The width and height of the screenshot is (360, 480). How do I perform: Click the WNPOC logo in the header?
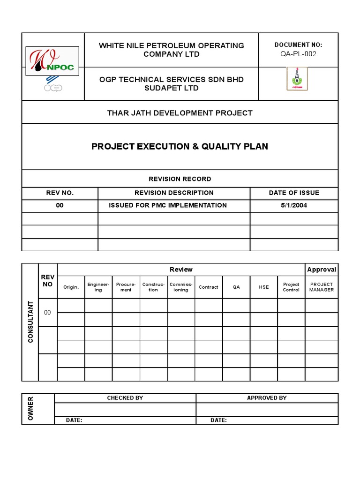52,61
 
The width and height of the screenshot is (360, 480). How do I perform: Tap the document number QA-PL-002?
298,53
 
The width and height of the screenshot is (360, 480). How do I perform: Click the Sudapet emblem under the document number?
297,79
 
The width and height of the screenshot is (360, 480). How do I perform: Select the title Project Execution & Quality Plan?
180,146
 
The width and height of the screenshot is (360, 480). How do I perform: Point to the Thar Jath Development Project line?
180,113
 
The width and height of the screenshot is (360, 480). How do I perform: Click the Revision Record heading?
180,179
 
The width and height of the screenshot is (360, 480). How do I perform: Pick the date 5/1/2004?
294,205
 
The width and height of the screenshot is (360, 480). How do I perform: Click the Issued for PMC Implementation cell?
168,205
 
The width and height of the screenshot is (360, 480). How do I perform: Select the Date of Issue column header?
294,193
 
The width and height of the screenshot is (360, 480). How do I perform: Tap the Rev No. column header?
60,193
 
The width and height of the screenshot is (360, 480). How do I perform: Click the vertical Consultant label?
30,322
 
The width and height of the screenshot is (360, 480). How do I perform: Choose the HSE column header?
263,287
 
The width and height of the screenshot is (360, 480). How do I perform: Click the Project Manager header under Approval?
322,287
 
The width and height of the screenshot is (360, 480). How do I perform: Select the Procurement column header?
126,287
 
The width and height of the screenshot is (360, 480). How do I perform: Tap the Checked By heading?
125,398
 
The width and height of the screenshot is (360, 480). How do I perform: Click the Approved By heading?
267,398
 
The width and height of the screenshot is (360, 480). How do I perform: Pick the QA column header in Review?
236,287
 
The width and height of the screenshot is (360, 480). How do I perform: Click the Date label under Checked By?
74,420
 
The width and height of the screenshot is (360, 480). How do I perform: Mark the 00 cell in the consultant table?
47,312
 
